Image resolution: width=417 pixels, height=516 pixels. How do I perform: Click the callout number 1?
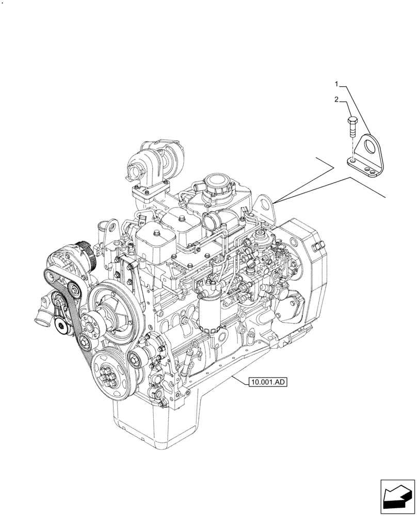[336, 84]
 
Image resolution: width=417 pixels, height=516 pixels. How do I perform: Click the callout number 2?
[336, 100]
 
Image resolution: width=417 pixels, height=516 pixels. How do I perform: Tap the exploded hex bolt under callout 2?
[352, 126]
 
